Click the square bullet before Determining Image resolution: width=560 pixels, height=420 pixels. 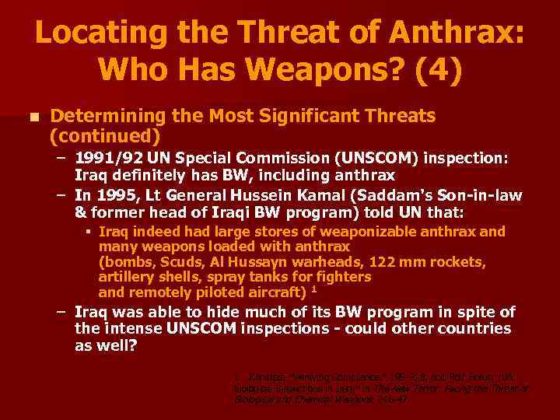click(x=31, y=117)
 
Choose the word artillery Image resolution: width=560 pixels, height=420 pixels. click(x=124, y=277)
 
